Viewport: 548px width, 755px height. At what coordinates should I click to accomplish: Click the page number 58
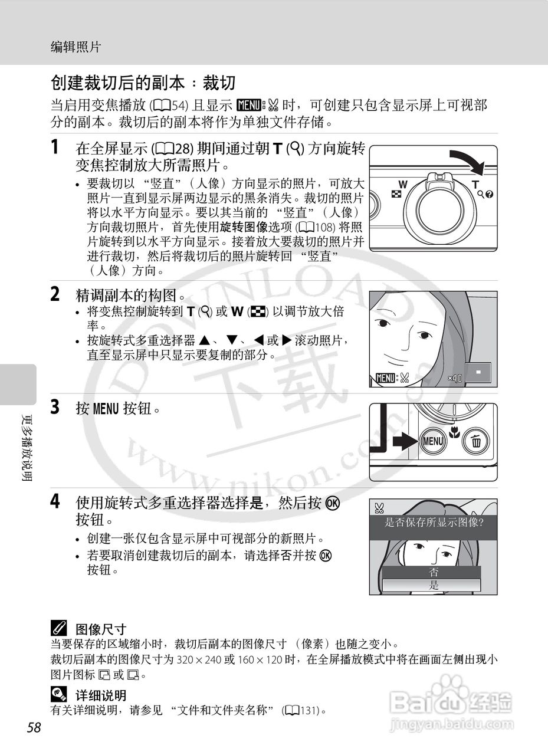pos(34,728)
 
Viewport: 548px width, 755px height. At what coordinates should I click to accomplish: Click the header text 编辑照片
pos(76,47)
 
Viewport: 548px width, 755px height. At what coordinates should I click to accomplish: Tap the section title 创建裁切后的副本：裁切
pos(143,82)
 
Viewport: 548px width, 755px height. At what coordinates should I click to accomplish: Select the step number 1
pos(55,147)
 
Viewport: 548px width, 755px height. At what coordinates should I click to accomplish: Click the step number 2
pos(55,293)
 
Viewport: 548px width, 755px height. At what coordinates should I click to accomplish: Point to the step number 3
pos(55,407)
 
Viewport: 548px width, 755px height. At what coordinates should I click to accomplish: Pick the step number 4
pos(55,502)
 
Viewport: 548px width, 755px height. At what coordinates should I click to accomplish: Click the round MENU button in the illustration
pos(432,441)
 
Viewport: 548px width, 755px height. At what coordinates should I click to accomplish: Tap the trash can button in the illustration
pos(475,441)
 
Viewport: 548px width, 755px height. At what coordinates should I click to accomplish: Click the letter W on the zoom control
pos(403,184)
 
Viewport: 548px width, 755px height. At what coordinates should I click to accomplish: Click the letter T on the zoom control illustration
pos(475,185)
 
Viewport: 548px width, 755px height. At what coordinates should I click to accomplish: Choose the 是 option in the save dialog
pos(434,586)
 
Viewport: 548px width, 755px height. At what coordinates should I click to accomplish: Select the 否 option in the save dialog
pos(434,572)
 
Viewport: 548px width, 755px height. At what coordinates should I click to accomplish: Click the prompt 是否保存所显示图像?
pos(434,522)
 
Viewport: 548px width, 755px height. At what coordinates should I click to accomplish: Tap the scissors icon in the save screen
pos(379,507)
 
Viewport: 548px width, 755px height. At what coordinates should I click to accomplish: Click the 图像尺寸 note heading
pos(100,629)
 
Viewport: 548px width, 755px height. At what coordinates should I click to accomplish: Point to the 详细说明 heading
pos(100,695)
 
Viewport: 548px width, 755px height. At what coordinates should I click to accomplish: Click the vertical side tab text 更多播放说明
pos(26,449)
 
